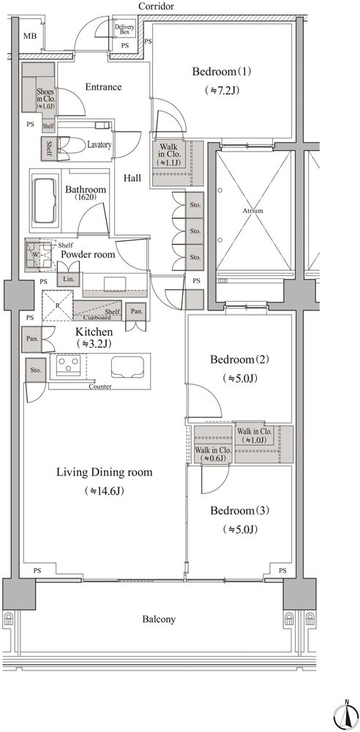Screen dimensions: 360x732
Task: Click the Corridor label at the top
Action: pyautogui.click(x=157, y=6)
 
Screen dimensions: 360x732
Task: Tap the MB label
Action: pyautogui.click(x=29, y=36)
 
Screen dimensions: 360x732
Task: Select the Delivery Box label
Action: pyautogui.click(x=124, y=30)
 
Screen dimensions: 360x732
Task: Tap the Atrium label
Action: pyautogui.click(x=252, y=211)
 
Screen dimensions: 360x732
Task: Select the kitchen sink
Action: pyautogui.click(x=127, y=365)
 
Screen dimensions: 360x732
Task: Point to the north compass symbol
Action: pyautogui.click(x=346, y=713)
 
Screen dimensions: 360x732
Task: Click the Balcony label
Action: pyautogui.click(x=159, y=619)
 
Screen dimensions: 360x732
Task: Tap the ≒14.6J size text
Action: pyautogui.click(x=104, y=490)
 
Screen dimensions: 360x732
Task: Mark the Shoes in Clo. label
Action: pyautogui.click(x=45, y=99)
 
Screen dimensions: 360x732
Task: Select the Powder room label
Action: pyautogui.click(x=89, y=255)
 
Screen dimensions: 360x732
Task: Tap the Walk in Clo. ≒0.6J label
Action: pyautogui.click(x=213, y=455)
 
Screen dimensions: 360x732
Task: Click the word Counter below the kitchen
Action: pyautogui.click(x=100, y=386)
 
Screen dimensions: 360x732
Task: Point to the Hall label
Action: pyautogui.click(x=132, y=178)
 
